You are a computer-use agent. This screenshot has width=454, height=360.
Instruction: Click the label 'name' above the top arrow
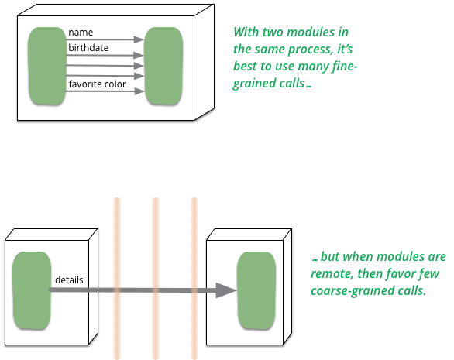pyautogui.click(x=81, y=32)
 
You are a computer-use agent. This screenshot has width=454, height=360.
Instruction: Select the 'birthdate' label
pyautogui.click(x=88, y=47)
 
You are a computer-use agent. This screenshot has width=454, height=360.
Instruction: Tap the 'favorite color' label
pyautogui.click(x=98, y=84)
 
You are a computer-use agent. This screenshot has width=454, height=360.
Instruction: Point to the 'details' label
pyautogui.click(x=69, y=279)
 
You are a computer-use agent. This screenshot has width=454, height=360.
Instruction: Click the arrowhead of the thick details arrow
pyautogui.click(x=226, y=290)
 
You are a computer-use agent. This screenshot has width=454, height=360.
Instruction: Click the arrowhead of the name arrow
pyautogui.click(x=139, y=39)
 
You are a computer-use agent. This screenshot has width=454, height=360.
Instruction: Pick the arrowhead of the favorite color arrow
pyautogui.click(x=139, y=91)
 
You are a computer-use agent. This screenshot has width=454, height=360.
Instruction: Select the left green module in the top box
pyautogui.click(x=47, y=66)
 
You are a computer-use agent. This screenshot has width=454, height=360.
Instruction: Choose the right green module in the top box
pyautogui.click(x=163, y=66)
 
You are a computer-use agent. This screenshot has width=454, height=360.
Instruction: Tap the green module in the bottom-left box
pyautogui.click(x=32, y=290)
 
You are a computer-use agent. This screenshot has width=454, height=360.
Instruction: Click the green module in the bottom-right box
pyautogui.click(x=256, y=290)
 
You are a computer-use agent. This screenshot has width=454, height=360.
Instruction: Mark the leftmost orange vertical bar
pyautogui.click(x=117, y=279)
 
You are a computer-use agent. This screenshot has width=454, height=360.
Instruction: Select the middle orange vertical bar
pyautogui.click(x=156, y=279)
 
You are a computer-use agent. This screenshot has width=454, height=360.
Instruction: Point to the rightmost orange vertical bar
pyautogui.click(x=194, y=279)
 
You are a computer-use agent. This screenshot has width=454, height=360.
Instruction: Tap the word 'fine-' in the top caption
pyautogui.click(x=345, y=66)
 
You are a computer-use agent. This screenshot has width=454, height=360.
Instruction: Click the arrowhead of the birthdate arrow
pyautogui.click(x=139, y=55)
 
